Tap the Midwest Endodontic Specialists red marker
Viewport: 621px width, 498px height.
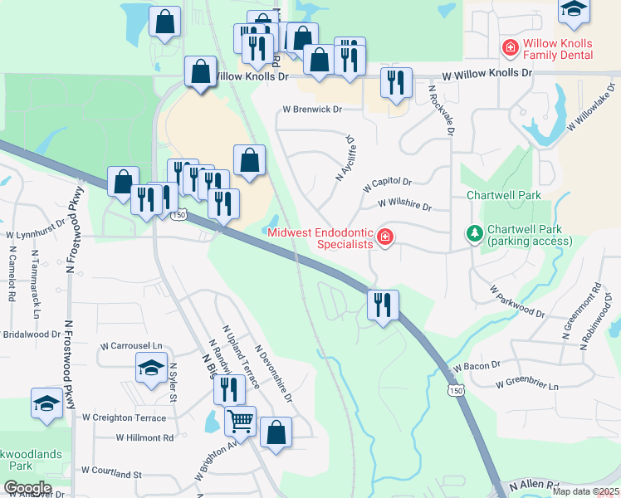(x=384, y=238)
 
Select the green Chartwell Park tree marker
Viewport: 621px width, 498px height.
(x=474, y=234)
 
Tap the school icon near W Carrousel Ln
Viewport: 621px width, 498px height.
(x=150, y=368)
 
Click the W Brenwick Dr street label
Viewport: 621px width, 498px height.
(x=312, y=109)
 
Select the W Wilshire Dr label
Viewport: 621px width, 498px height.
(x=404, y=203)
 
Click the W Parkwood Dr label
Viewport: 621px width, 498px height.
(x=516, y=303)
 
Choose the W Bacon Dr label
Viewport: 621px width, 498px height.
(x=477, y=365)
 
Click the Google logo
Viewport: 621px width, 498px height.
(x=27, y=488)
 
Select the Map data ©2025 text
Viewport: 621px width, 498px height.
(x=585, y=491)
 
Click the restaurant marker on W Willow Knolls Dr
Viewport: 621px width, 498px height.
(x=396, y=82)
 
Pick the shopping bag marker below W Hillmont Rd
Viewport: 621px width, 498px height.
(x=276, y=432)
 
